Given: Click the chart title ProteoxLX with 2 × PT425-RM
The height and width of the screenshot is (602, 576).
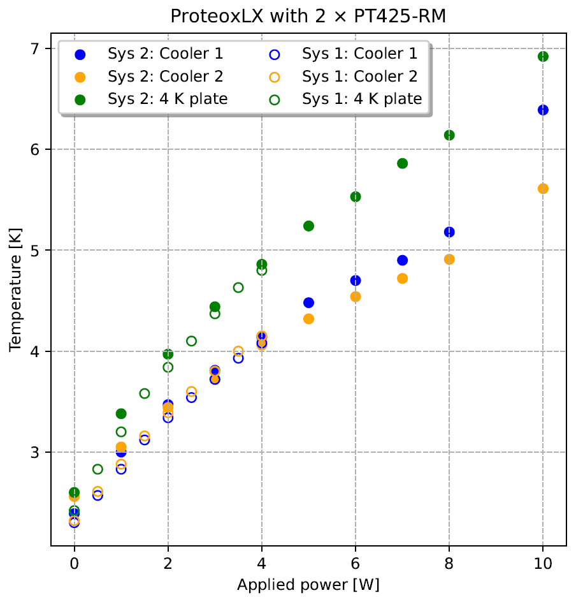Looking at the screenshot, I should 308,15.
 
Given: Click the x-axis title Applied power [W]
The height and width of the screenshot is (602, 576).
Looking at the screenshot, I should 308,585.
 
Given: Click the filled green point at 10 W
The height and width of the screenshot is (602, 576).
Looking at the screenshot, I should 543,56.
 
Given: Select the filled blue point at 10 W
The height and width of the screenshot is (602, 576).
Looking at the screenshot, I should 543,110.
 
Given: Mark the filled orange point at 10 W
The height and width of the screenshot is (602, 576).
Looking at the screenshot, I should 543,189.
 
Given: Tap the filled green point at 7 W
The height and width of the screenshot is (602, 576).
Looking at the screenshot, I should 402,163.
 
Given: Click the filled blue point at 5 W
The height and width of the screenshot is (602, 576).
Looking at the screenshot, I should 308,302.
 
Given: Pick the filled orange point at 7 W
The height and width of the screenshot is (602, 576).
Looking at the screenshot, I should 402,279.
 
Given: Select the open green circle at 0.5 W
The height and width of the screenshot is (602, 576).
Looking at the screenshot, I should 97,469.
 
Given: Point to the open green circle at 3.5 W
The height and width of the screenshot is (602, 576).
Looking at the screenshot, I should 238,288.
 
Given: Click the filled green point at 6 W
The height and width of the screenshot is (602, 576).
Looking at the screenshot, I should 356,196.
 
